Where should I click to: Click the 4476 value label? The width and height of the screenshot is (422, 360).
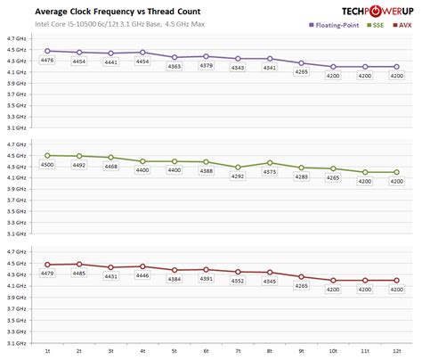[x=48, y=61]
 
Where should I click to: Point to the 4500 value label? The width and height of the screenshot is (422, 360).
[x=48, y=165]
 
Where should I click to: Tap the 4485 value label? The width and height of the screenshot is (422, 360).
[x=79, y=274]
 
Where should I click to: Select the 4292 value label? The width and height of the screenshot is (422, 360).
[x=237, y=176]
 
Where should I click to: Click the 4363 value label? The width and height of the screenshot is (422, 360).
[x=174, y=66]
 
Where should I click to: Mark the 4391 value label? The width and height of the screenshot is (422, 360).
[x=206, y=279]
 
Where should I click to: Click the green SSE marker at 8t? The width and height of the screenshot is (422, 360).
[x=270, y=163]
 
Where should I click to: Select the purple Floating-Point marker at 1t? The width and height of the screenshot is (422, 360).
[x=48, y=52]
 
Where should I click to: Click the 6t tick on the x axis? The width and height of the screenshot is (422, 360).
[x=206, y=351]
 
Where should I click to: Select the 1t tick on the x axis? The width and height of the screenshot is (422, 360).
[x=48, y=351]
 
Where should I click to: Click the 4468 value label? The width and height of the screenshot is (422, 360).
[x=111, y=167]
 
